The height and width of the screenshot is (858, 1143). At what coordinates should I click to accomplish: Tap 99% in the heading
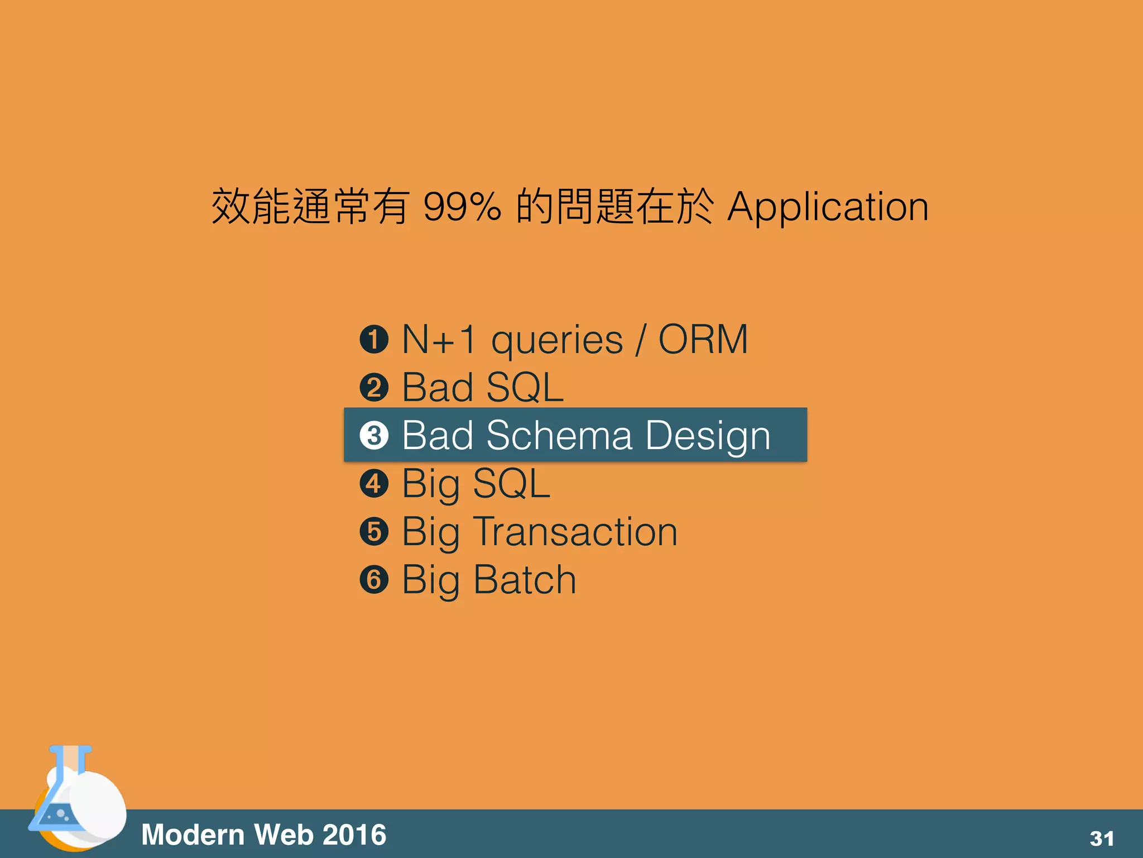[462, 207]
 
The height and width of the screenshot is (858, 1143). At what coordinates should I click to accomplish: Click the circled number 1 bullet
[374, 340]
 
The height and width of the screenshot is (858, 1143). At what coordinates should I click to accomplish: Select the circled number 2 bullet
[374, 388]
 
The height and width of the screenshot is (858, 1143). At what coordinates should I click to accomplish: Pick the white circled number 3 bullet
[374, 436]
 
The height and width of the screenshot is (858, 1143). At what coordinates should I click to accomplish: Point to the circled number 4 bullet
[374, 484]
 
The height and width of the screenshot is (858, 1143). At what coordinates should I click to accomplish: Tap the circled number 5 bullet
[374, 532]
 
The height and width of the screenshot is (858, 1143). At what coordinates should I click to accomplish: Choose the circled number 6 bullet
[374, 580]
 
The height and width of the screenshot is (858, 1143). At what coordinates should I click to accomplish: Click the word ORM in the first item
[703, 340]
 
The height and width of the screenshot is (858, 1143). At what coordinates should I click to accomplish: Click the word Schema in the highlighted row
[559, 436]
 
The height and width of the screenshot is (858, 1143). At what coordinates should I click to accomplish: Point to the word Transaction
[575, 532]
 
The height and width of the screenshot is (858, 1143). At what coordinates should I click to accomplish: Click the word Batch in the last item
[525, 580]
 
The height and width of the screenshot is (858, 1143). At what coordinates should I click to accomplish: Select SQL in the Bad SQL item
[525, 388]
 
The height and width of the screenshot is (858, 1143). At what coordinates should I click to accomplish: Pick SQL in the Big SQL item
[511, 484]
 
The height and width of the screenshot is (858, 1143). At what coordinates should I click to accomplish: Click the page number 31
[1102, 838]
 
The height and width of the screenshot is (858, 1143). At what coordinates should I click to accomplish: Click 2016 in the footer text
[354, 835]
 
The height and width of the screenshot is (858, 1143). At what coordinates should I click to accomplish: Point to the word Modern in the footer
[193, 835]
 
